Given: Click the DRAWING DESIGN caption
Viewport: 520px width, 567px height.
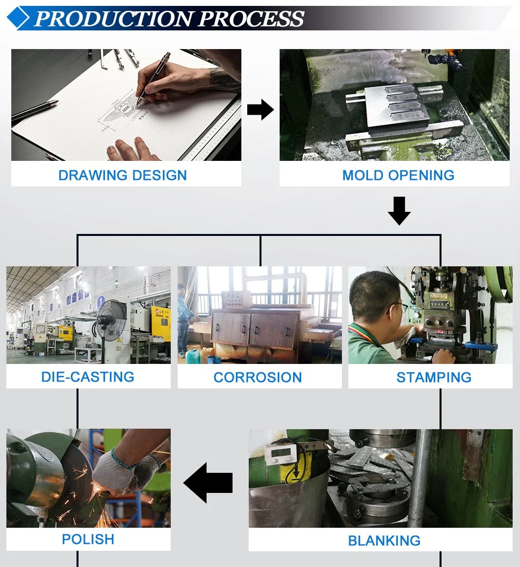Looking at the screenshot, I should [122, 175].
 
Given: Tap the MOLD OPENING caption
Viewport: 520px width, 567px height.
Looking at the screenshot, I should [398, 175].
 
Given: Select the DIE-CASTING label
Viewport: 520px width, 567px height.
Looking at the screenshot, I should [88, 377].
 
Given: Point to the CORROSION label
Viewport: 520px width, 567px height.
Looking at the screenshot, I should [258, 377].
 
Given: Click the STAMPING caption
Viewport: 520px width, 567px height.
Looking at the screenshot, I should [434, 377].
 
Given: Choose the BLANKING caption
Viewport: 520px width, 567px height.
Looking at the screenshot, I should [384, 541].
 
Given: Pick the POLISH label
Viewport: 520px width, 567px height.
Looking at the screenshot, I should [88, 539].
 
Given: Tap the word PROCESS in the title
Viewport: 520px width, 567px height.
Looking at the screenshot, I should [251, 19].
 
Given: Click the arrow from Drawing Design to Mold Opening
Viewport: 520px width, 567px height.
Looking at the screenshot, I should [260, 109].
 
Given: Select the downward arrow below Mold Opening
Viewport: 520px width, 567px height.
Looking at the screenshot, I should [399, 210].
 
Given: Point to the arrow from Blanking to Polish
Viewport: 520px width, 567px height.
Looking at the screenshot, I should [209, 483].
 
